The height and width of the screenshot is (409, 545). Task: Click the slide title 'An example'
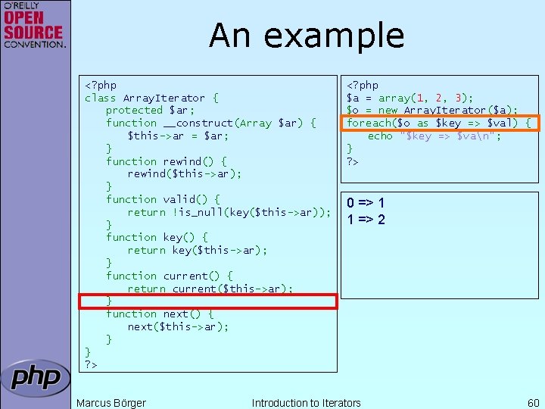tap(307, 36)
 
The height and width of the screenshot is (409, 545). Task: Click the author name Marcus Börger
tap(111, 403)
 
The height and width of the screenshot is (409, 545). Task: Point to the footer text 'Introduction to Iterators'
tap(306, 403)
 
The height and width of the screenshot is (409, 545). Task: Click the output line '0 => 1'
tap(366, 203)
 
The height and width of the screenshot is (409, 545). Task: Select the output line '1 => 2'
tap(366, 220)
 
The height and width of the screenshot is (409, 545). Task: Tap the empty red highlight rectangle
tap(208, 301)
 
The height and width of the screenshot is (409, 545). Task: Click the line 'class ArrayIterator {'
tap(151, 98)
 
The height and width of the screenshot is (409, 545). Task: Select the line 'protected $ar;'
tap(150, 111)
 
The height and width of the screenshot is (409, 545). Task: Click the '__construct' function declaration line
tap(210, 123)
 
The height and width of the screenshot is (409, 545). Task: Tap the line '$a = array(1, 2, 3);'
tap(410, 98)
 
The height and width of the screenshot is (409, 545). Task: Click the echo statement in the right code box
tap(434, 136)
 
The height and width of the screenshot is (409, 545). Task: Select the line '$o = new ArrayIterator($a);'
tap(431, 111)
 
